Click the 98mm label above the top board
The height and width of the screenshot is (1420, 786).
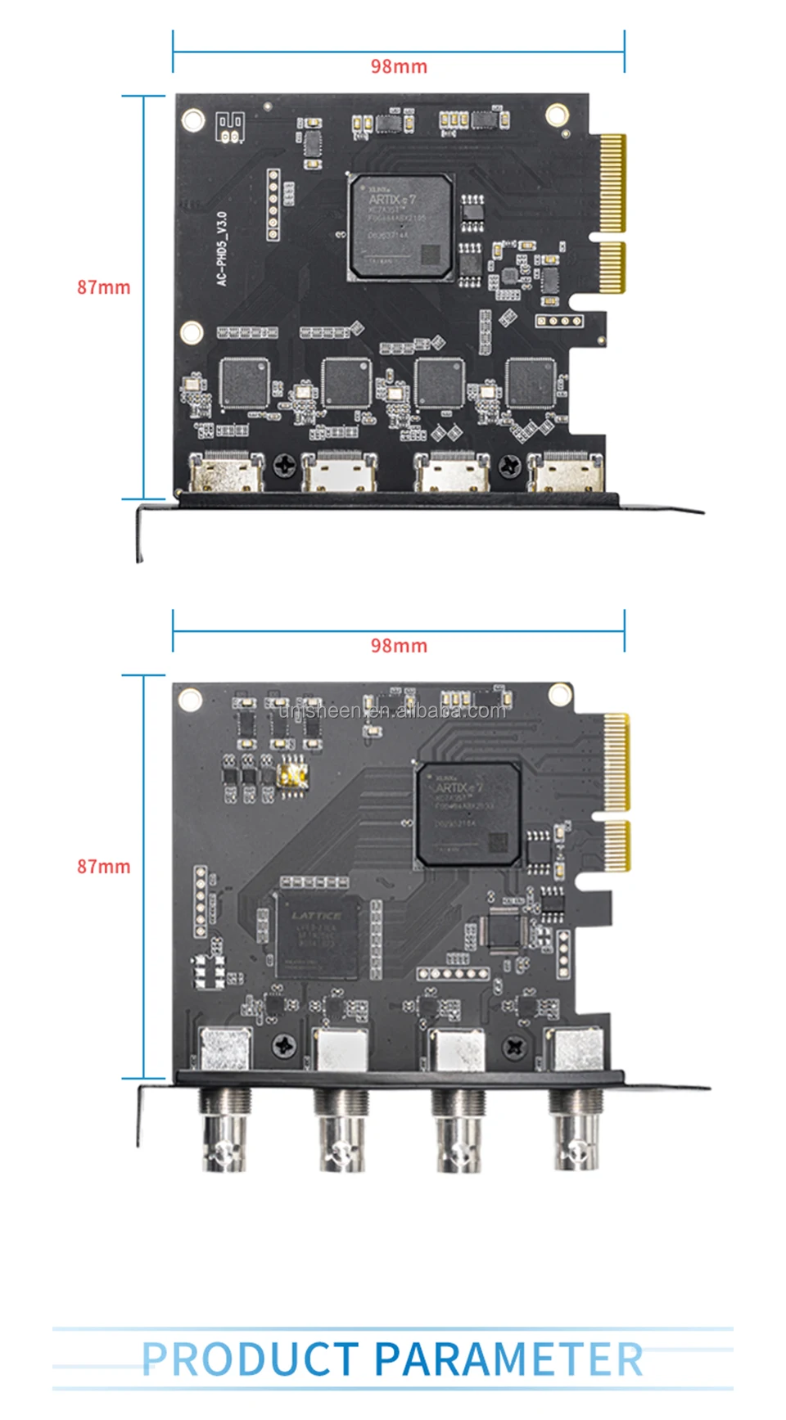point(399,66)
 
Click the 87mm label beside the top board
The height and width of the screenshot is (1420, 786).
point(103,287)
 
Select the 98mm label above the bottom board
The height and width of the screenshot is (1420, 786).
point(399,646)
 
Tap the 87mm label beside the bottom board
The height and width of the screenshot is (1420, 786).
point(103,866)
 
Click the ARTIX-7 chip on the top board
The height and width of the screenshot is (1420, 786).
point(401,227)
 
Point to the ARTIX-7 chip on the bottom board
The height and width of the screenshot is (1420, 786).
point(468,814)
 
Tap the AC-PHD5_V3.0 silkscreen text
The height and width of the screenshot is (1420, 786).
point(222,249)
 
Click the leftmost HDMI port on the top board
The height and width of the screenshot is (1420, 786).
point(227,473)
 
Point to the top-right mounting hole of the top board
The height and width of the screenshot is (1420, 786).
point(558,115)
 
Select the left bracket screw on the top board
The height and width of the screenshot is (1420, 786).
point(285,466)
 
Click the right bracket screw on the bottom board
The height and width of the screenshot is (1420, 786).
point(514,1046)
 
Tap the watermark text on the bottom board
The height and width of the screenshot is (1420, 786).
point(392,710)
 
